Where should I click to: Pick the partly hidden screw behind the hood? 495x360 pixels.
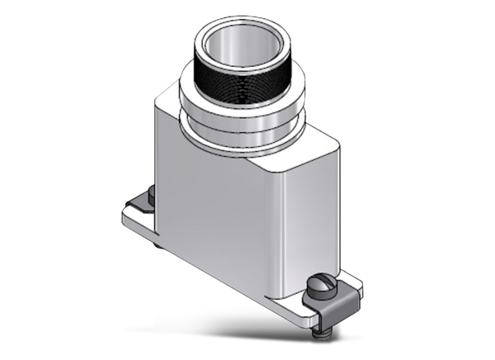[x=152, y=196]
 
